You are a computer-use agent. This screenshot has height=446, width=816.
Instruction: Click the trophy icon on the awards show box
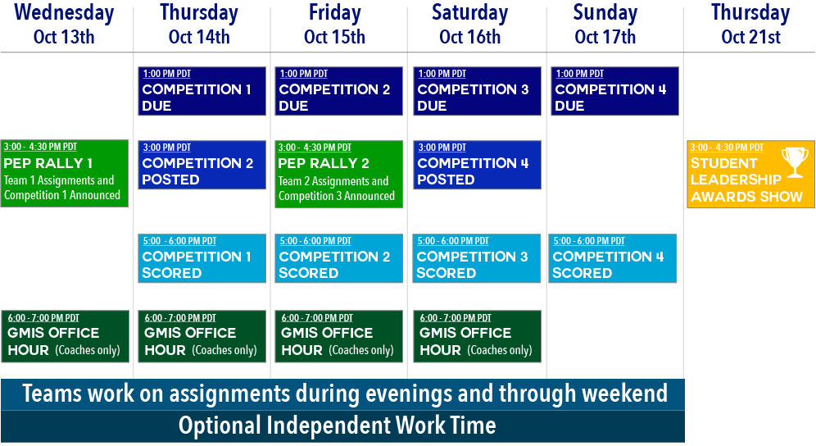(795, 162)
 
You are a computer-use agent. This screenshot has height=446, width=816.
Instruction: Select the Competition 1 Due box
(202, 91)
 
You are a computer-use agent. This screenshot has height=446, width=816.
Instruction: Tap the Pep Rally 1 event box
(65, 174)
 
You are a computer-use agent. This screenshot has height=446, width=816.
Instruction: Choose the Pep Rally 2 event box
(339, 174)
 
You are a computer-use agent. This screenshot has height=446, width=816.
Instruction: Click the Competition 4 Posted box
(477, 165)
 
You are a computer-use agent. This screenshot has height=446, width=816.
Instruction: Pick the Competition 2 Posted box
(202, 165)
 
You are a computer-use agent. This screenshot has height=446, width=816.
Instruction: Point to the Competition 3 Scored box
(477, 258)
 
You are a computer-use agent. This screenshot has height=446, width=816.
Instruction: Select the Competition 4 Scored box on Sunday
(613, 258)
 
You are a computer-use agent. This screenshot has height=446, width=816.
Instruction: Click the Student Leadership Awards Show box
(751, 174)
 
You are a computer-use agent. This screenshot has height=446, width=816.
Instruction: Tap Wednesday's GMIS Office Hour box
(65, 337)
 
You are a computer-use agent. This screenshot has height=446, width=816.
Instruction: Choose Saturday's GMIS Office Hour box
(477, 337)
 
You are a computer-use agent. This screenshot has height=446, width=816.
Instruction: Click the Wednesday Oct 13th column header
(64, 25)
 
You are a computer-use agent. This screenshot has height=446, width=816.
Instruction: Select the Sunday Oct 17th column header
(605, 25)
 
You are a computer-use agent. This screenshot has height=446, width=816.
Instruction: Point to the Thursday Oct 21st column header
(750, 25)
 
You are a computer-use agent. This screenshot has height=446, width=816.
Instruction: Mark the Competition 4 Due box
(615, 91)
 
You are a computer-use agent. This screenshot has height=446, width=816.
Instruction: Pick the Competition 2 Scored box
(339, 258)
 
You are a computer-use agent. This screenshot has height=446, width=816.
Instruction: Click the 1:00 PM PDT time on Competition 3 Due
(442, 74)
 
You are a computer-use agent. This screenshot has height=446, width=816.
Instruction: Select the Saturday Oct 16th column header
(470, 25)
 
